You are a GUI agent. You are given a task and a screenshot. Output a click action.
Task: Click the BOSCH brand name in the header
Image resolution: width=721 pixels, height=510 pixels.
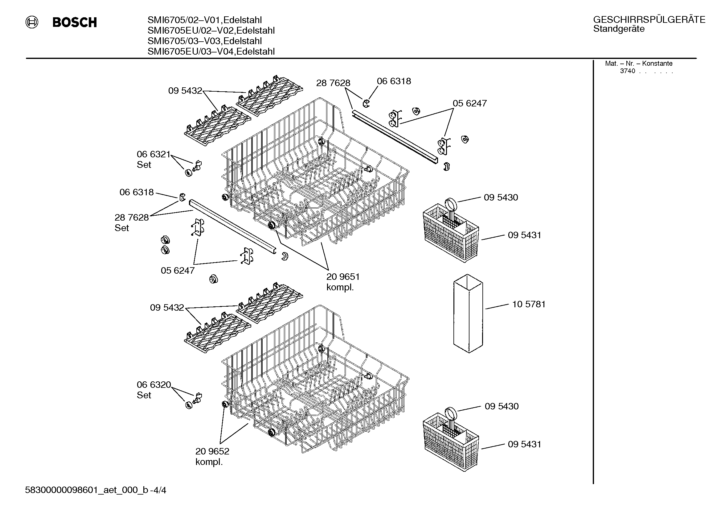click(x=75, y=23)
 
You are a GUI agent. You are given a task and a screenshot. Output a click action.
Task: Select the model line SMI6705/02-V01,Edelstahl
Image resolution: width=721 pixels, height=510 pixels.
click(x=205, y=20)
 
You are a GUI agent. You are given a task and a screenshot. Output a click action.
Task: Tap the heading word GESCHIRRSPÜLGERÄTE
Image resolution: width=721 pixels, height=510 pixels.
click(x=649, y=19)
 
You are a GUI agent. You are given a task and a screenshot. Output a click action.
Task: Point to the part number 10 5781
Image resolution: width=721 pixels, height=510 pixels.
click(x=529, y=304)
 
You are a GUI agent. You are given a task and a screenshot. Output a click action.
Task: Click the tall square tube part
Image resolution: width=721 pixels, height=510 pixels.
click(x=468, y=313)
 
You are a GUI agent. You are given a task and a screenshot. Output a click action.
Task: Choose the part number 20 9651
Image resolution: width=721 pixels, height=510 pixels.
click(x=343, y=277)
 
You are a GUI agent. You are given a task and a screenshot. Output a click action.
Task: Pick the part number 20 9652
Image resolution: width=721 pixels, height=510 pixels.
click(x=212, y=451)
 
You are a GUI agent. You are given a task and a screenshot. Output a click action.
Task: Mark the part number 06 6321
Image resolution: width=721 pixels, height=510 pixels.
click(x=154, y=154)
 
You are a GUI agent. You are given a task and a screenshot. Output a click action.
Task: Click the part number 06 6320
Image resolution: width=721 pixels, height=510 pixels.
click(x=154, y=385)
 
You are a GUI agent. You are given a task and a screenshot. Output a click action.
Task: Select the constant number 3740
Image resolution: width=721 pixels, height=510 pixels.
click(x=627, y=71)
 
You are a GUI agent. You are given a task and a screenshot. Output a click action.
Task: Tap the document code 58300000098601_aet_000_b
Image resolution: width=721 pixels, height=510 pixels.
click(x=86, y=490)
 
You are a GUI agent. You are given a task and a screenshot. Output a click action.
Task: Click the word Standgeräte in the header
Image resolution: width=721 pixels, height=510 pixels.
click(x=619, y=29)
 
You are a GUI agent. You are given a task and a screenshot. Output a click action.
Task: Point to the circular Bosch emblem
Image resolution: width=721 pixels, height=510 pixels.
click(x=32, y=23)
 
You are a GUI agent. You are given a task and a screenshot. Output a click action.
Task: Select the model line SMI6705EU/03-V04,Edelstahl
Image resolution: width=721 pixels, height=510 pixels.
click(x=211, y=52)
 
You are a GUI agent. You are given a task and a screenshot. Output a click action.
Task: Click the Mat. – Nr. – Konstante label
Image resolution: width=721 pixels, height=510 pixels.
click(x=639, y=64)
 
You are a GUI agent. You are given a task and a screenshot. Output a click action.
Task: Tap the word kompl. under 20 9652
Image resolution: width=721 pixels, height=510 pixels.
click(x=209, y=462)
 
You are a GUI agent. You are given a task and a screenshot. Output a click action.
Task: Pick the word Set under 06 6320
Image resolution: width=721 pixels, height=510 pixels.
click(x=144, y=395)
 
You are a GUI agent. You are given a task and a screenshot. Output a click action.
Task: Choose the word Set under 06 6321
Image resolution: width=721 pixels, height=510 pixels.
click(x=144, y=165)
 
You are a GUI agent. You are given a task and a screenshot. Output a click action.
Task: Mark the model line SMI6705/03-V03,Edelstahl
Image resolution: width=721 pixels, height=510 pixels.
click(x=205, y=41)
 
